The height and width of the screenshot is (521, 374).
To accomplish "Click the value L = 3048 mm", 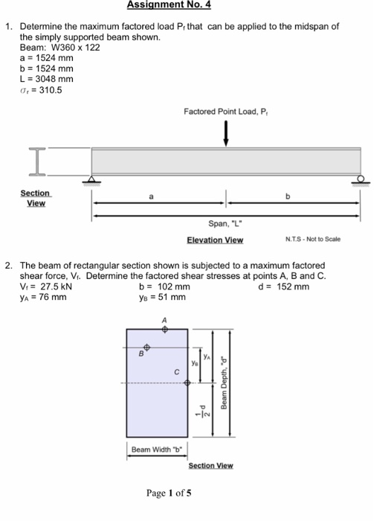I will coord(46,80).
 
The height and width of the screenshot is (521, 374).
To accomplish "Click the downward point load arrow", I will coord(225,135).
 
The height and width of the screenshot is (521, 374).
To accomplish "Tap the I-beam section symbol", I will coord(36,161).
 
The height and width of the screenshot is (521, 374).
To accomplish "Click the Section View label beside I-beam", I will coord(35,198).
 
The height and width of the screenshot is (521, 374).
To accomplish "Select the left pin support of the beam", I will coord(91,179).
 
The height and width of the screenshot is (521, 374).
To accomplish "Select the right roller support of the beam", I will coord(359,179).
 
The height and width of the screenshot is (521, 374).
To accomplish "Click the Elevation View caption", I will coord(214,240).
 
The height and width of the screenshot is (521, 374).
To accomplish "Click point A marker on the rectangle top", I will coord(165,327).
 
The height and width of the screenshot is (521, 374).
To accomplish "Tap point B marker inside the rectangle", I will coord(146,347).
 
